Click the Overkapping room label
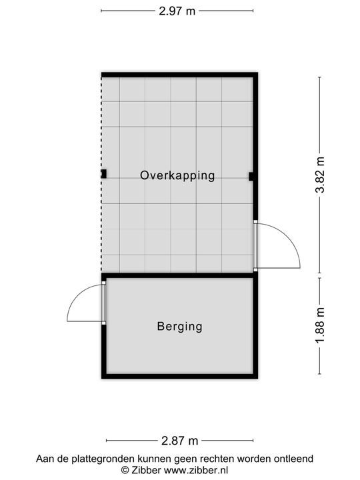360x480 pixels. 177,175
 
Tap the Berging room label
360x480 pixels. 179,327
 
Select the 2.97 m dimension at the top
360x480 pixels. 177,11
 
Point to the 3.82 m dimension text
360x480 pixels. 321,175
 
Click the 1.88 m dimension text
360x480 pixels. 321,326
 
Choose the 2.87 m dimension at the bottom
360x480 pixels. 180,441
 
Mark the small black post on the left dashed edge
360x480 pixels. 103,174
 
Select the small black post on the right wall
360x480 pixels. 251,177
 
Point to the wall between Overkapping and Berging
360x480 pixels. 179,275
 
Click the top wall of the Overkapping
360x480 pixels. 179,75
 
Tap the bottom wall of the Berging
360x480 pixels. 179,376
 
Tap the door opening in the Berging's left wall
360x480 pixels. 103,303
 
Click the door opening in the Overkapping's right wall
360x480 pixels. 255,245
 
